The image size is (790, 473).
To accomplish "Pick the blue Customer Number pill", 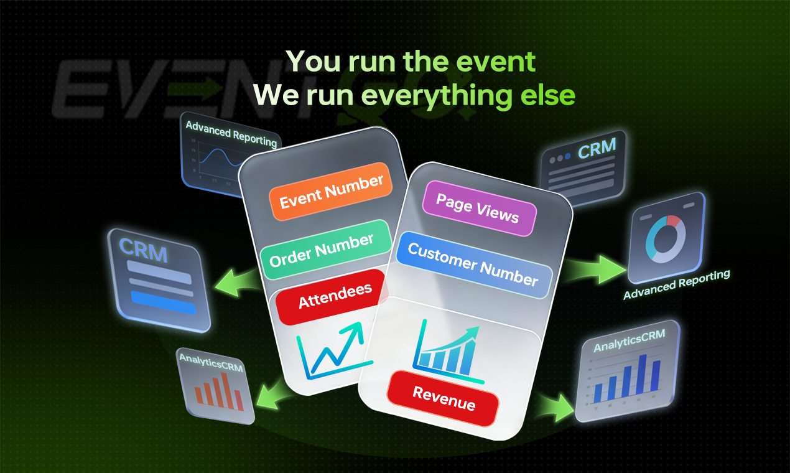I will tap(473, 264).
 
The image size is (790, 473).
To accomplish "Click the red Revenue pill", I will tap(444, 399).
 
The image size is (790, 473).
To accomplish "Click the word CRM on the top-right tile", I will tap(597, 149).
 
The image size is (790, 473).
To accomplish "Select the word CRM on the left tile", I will tap(144, 250).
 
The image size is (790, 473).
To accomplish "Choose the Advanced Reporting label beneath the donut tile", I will tap(676, 284).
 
